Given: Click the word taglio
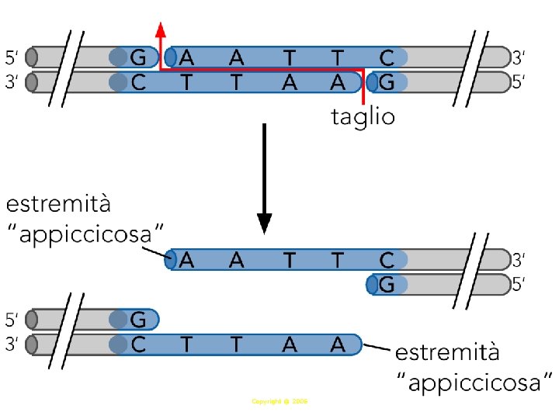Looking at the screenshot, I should (x=363, y=119).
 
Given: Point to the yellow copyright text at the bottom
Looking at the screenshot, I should (x=280, y=402).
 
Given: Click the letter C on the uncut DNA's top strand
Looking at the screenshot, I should (x=387, y=57).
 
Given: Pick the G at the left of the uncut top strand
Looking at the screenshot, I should (x=138, y=57).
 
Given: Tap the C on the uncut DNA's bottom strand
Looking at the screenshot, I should (x=138, y=81).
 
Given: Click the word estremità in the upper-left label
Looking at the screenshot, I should (x=59, y=206).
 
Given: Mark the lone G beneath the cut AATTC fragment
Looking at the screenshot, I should (x=387, y=285).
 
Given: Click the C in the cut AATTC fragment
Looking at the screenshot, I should (x=387, y=260).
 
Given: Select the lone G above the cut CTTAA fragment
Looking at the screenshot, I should (x=138, y=319).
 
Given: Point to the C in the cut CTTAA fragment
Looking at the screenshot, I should (x=138, y=344).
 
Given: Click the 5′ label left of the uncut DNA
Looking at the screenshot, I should (x=12, y=57).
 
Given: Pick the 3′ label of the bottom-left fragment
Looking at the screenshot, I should (x=12, y=344).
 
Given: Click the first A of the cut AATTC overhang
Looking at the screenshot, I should (x=187, y=260).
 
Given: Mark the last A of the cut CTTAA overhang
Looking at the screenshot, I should (x=337, y=344).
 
